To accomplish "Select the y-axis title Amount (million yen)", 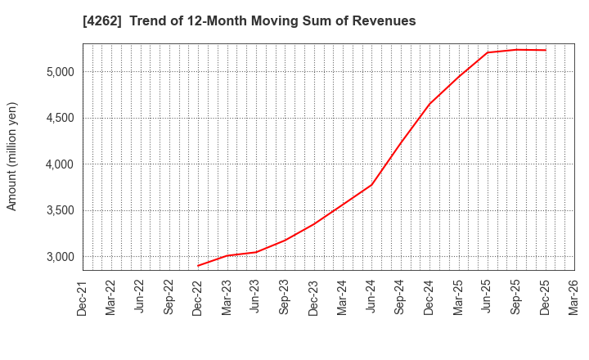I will point(12,156).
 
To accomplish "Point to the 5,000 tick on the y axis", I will point(57,72).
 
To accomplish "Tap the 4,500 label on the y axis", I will point(57,118).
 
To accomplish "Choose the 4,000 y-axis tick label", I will point(57,164).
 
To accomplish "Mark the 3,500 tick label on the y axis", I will point(57,210).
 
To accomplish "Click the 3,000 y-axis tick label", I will point(57,257).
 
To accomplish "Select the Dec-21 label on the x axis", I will point(83,297).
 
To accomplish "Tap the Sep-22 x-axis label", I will point(169,297).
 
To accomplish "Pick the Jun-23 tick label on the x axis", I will point(256,297).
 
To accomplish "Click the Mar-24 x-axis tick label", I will point(343,297).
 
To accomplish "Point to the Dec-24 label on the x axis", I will point(429,297).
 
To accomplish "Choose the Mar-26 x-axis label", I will point(574,297).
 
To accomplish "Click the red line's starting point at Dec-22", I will point(198,266).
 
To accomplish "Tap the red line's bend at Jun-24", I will point(371,185).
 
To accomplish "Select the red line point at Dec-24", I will point(429,104).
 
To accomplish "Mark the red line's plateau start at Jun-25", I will point(488,52).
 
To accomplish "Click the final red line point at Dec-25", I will point(546,50).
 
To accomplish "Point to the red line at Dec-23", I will point(313,224).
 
